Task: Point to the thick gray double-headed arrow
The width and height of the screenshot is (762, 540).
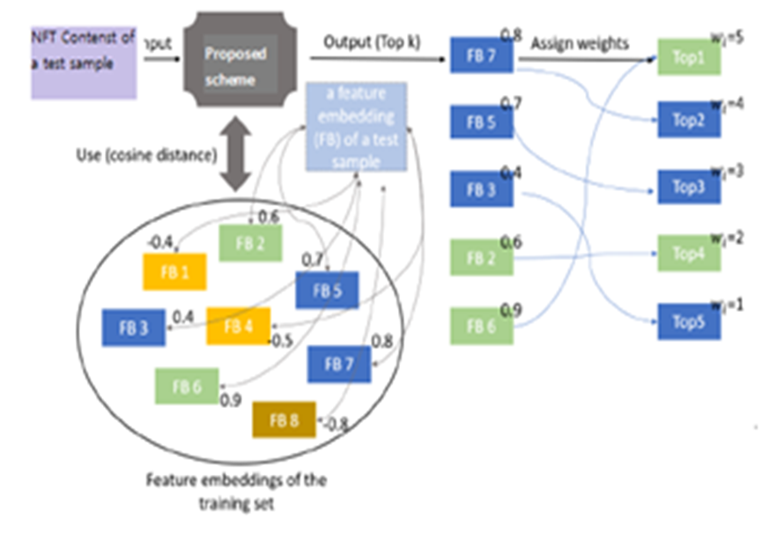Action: pyautogui.click(x=235, y=156)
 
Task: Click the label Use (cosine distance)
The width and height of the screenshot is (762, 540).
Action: pyautogui.click(x=146, y=156)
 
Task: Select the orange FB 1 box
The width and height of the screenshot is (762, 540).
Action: pyautogui.click(x=174, y=271)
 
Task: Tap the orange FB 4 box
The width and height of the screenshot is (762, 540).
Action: pyautogui.click(x=238, y=326)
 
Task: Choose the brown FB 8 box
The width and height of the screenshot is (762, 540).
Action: pyautogui.click(x=284, y=420)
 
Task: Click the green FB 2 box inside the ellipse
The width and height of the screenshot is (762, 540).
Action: pyautogui.click(x=250, y=243)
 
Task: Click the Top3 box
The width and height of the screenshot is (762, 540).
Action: pyautogui.click(x=689, y=188)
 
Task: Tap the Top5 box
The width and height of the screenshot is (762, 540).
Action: pyautogui.click(x=689, y=322)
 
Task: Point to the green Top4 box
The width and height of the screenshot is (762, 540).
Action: pyautogui.click(x=689, y=254)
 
